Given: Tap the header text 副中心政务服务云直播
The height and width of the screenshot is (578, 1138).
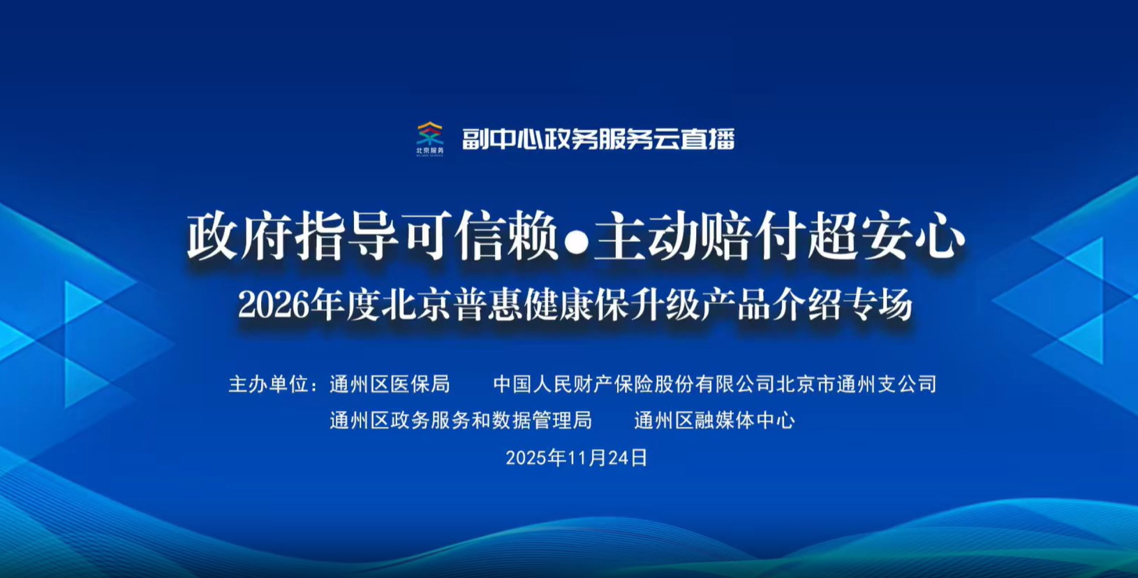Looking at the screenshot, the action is (x=598, y=139).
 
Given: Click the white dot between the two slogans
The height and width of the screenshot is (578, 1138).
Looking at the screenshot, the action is (x=577, y=242).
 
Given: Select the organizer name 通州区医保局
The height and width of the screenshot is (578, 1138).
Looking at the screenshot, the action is (x=390, y=384).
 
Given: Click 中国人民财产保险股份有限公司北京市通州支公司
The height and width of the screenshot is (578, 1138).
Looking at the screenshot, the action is (x=715, y=384).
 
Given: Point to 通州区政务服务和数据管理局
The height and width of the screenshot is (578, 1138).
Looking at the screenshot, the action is (x=461, y=420).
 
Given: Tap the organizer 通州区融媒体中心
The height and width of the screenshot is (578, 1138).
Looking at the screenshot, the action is (x=714, y=420).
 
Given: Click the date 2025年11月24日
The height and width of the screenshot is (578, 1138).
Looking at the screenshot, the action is (x=577, y=458).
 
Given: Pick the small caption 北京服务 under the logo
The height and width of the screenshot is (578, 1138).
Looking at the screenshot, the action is (x=430, y=150).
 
